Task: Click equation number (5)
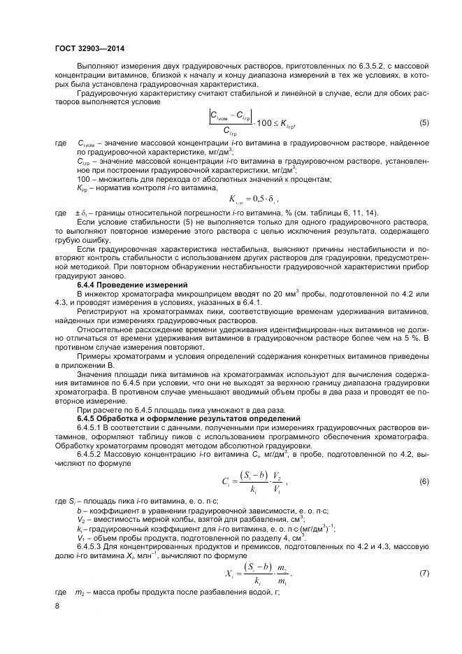[x=424, y=123]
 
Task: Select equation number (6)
[x=424, y=482]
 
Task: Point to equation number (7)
[x=424, y=573]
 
